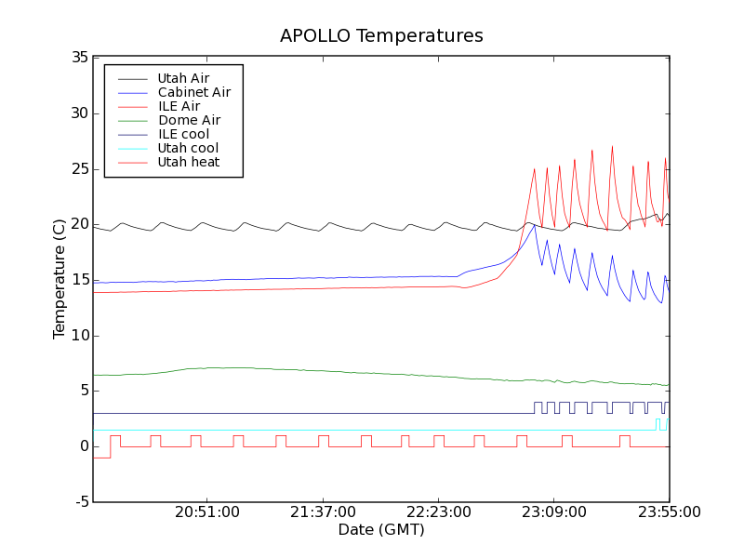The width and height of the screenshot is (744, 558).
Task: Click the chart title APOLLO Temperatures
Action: (381, 36)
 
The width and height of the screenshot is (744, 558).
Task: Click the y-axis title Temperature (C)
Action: (60, 279)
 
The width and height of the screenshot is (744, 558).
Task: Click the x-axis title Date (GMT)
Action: (380, 529)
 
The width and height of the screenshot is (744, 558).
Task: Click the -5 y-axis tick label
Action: (81, 502)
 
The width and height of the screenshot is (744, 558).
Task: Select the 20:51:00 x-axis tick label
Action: (207, 512)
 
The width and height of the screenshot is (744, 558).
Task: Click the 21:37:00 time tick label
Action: (323, 512)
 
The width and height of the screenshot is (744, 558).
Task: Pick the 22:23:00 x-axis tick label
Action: (438, 512)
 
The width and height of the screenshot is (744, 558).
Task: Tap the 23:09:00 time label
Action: (553, 512)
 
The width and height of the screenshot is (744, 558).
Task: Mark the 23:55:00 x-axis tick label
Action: (669, 512)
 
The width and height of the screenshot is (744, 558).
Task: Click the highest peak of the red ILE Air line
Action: (612, 145)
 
